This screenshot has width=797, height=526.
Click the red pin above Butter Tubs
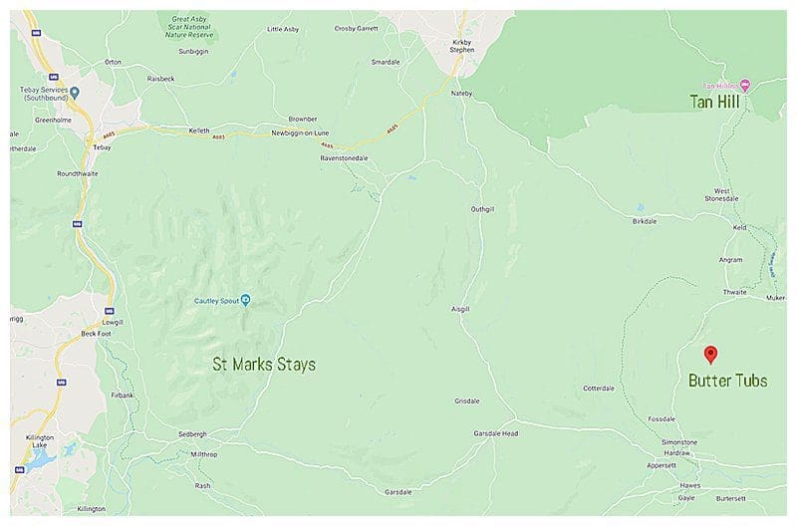(710, 354)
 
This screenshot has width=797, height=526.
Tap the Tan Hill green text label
(714, 102)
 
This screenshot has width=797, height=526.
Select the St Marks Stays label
(264, 365)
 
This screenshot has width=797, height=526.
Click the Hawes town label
(689, 485)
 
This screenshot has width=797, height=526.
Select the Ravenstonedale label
(346, 158)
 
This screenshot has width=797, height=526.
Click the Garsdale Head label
(496, 433)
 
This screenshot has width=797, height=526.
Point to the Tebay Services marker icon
(74, 93)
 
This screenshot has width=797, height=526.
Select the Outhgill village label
(482, 209)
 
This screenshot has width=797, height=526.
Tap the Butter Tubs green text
(728, 381)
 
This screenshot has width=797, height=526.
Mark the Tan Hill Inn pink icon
(744, 85)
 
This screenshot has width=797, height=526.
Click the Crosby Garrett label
(357, 29)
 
